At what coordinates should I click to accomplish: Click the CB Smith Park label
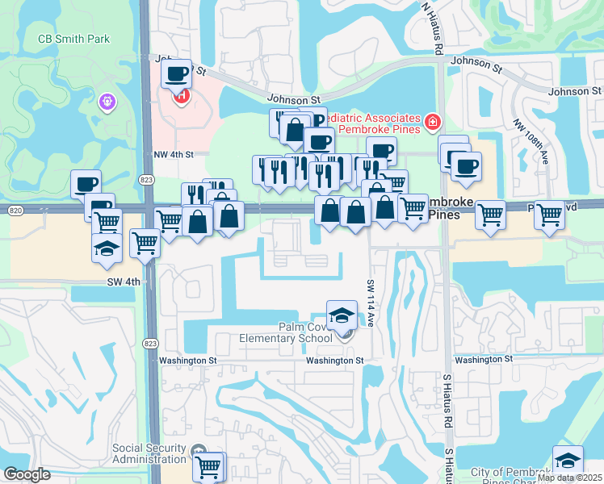(x=73, y=39)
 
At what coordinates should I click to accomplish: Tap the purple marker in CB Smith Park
(x=108, y=102)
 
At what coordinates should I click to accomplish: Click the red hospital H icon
(x=182, y=97)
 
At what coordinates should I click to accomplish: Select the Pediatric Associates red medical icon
(x=433, y=122)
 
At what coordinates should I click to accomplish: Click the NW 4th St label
(x=174, y=154)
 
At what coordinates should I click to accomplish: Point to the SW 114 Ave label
(x=371, y=303)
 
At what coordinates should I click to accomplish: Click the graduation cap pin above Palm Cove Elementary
(x=342, y=315)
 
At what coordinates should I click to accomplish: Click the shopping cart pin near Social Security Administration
(x=208, y=465)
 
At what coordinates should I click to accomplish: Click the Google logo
(x=26, y=474)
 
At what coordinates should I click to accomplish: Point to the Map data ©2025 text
(x=569, y=478)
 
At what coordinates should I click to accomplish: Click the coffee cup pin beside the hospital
(x=176, y=75)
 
